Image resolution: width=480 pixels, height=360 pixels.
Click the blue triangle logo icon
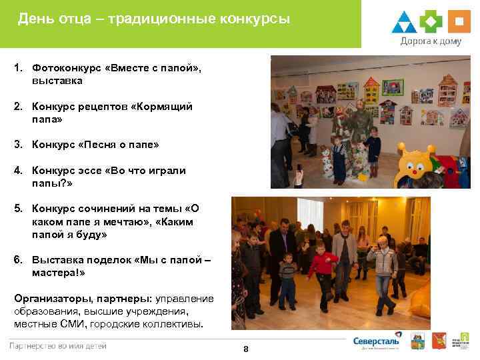click(x=404, y=22)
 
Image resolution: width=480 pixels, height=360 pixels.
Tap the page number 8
click(x=246, y=349)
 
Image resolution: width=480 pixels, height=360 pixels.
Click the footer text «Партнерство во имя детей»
click(x=57, y=345)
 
